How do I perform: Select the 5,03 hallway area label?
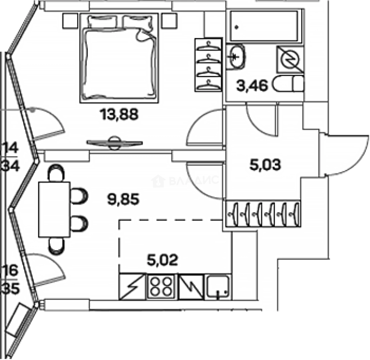click(x=265, y=165)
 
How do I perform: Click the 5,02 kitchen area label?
click(x=162, y=260)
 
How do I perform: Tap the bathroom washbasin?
click(x=237, y=57)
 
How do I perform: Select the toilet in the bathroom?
click(x=289, y=84)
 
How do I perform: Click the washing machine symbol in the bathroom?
click(x=290, y=60)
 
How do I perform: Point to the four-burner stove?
click(x=161, y=287)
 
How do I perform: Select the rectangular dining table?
click(x=54, y=209)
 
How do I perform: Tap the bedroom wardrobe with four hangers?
click(x=209, y=65)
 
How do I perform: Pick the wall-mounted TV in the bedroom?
click(x=114, y=143)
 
